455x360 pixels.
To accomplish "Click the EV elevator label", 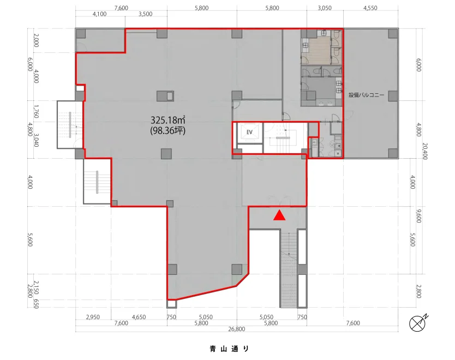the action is coord(249,133).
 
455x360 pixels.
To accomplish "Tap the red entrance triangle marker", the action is coord(279,215).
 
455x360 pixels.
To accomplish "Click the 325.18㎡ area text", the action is coord(167,120).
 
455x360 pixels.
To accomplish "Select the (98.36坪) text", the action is coord(167,131).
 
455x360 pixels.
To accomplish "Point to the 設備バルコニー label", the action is coord(366,95).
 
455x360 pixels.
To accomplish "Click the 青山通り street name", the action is coord(229,349).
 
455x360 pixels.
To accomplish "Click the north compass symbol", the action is coord(418,323).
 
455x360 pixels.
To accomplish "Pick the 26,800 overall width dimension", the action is coord(236,329).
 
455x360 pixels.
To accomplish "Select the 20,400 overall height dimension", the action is coord(425,151).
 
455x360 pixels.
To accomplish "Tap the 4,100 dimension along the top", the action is coord(99,14).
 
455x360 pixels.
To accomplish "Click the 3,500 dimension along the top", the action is coord(145,14).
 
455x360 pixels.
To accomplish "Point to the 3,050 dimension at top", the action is coord(325,8).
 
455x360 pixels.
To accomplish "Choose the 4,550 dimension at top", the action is coord(370,8).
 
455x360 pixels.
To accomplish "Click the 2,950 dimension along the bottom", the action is coord(93,317).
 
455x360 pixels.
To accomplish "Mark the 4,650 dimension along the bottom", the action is coord(139,317).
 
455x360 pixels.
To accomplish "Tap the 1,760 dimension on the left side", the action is coord(36,111).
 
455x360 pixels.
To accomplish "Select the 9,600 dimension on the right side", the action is coord(419,215).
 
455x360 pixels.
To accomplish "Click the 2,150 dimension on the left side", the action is coord(36,287).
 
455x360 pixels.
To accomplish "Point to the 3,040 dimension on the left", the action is coord(36,140).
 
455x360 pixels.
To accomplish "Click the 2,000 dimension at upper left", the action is coord(36,40).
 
